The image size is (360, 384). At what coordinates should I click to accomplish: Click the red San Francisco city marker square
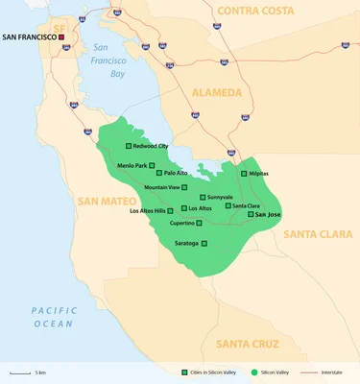(62, 37)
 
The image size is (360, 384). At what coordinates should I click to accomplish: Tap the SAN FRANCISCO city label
(30, 37)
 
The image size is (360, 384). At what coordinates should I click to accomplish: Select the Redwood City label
(152, 146)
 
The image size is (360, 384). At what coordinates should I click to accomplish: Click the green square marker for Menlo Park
(151, 165)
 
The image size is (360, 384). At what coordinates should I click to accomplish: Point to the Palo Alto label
(176, 173)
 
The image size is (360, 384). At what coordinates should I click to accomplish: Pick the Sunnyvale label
(220, 197)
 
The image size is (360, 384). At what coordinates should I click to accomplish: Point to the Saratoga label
(189, 243)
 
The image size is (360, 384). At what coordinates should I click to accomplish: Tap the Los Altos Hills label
(151, 210)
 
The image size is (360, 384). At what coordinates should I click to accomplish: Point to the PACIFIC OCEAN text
(52, 317)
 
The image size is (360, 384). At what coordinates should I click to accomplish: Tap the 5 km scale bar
(18, 371)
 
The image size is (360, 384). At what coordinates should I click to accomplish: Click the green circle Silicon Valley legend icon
(253, 371)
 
